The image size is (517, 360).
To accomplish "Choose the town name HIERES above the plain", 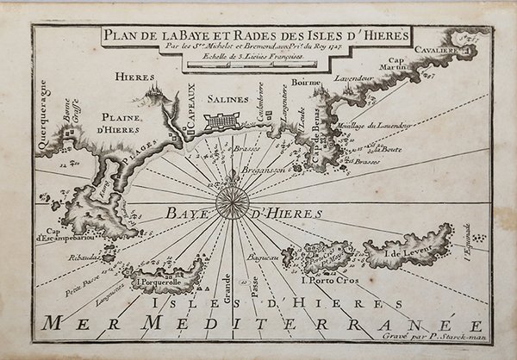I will (135, 77).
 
